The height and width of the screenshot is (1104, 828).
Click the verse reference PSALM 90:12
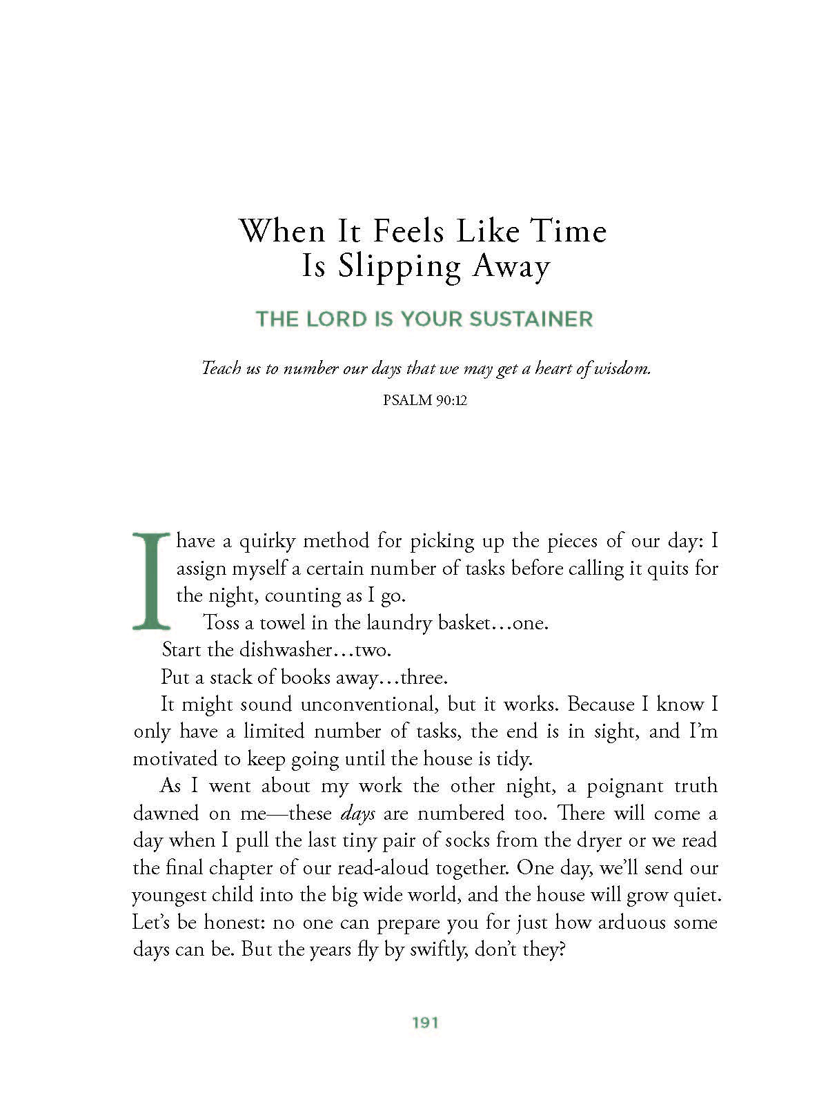tap(425, 400)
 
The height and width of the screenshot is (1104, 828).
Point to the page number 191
tap(425, 1023)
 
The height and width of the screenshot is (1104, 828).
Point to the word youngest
tap(169, 896)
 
